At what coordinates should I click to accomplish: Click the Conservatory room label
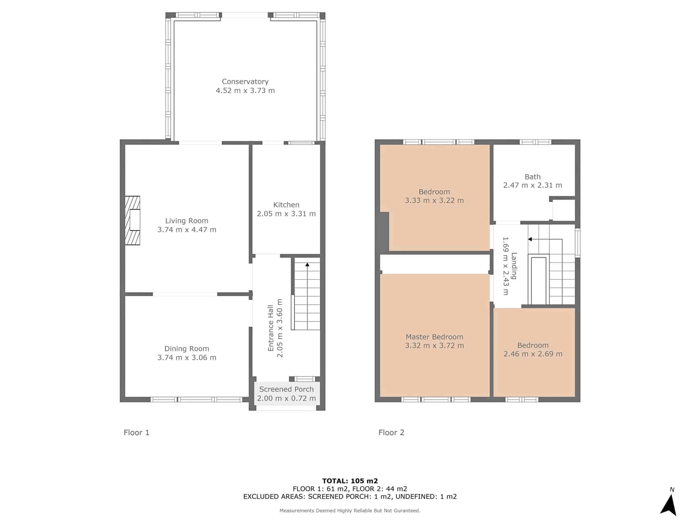click(245, 82)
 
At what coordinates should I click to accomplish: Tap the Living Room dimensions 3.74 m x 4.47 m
click(187, 230)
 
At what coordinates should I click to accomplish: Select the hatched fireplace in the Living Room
click(133, 220)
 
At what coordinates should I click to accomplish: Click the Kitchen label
click(286, 205)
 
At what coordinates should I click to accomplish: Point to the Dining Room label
click(187, 349)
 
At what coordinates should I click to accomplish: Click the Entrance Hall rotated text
click(271, 328)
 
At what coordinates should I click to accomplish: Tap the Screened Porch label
click(286, 389)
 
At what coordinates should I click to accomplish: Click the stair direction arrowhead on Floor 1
click(307, 265)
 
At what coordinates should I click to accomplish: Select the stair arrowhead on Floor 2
click(530, 239)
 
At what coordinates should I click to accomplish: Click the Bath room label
click(533, 177)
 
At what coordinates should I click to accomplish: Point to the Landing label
click(514, 266)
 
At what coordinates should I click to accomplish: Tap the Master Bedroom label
click(434, 337)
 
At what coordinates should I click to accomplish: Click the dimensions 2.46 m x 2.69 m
click(533, 354)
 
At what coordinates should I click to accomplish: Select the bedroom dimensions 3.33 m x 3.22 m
click(434, 201)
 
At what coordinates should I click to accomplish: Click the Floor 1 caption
click(136, 433)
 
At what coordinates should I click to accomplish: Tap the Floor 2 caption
click(391, 433)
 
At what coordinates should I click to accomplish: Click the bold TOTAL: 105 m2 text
click(350, 481)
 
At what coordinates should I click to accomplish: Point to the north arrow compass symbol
click(669, 505)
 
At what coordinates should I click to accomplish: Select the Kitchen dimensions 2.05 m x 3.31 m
click(286, 214)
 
